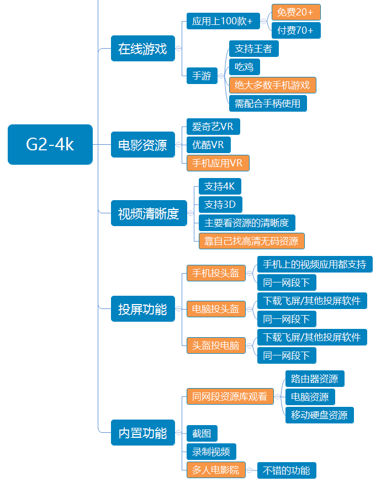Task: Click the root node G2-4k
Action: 50,144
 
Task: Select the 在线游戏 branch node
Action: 142,49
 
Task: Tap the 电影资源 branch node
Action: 142,145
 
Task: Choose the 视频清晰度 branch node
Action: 149,213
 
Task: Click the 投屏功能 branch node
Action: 142,309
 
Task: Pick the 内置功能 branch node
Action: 142,433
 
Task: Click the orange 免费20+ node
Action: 295,12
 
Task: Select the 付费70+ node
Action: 295,30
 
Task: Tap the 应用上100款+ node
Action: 222,21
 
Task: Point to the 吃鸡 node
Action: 244,67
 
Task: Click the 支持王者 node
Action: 253,49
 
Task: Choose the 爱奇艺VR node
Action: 213,127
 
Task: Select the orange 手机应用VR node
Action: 218,163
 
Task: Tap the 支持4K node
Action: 219,186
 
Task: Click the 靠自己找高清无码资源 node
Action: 251,241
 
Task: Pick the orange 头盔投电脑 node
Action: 215,345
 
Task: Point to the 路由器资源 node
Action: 315,379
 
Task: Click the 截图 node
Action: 202,433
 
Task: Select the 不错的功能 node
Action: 286,470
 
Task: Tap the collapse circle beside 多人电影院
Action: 250,470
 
